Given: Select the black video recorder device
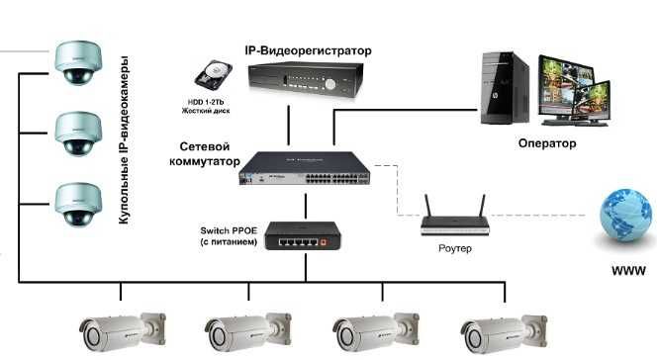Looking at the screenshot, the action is tap(302, 78).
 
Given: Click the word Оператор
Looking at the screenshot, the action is tap(546, 142).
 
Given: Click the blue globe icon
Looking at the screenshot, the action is tap(628, 218).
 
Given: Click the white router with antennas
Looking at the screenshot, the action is tap(455, 219).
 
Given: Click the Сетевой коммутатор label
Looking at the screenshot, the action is tap(201, 152).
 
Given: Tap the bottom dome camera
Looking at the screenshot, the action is tap(79, 203).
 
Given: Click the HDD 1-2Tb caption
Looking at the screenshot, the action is tap(206, 106).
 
